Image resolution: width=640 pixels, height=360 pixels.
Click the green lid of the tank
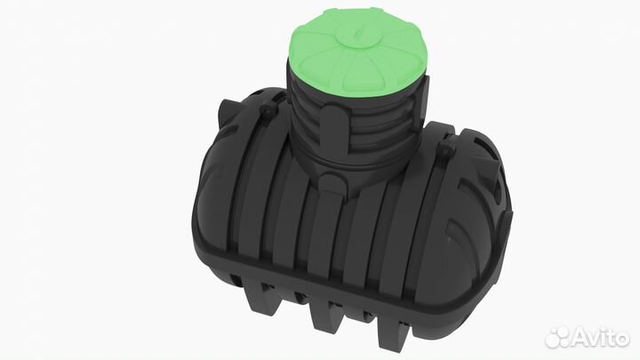tap(356, 57)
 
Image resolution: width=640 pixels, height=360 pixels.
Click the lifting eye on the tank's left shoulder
tap(268, 110)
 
